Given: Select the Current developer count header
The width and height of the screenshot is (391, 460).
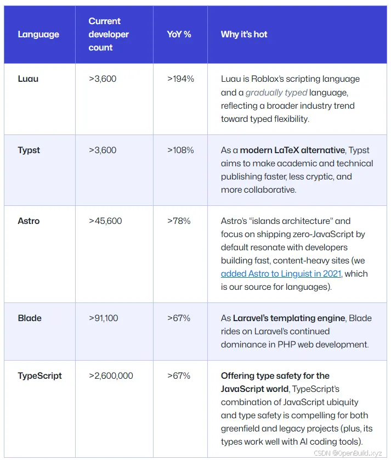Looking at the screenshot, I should click(x=109, y=35).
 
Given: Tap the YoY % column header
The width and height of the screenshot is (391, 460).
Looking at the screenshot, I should click(x=179, y=35).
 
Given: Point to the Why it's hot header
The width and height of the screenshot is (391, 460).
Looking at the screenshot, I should click(x=244, y=35).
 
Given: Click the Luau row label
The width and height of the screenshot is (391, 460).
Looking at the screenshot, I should click(x=28, y=79).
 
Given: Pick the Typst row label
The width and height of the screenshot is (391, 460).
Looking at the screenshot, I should click(x=29, y=150).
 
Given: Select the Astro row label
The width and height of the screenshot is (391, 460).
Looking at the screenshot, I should click(x=29, y=221).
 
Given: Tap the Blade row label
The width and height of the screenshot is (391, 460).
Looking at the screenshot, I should click(x=30, y=318).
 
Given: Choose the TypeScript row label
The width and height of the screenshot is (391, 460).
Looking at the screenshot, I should click(x=39, y=376).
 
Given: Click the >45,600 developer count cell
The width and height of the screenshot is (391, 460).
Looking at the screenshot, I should click(x=105, y=221).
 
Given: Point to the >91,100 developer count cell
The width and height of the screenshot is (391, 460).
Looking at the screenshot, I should click(x=103, y=318).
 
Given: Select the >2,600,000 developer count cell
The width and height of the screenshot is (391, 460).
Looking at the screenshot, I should click(x=111, y=376).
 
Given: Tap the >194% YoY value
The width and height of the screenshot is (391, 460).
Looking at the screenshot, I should click(x=180, y=79).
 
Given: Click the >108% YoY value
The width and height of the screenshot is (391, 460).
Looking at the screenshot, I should click(x=180, y=150).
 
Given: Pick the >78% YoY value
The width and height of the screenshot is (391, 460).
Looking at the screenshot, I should click(x=179, y=221).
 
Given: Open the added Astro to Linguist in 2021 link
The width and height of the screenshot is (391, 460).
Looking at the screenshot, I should click(x=281, y=274).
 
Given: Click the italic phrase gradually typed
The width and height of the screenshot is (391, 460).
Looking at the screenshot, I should click(x=276, y=92).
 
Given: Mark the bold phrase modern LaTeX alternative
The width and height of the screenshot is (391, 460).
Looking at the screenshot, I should click(x=292, y=150).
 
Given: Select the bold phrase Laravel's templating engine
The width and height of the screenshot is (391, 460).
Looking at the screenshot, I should click(x=289, y=318).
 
